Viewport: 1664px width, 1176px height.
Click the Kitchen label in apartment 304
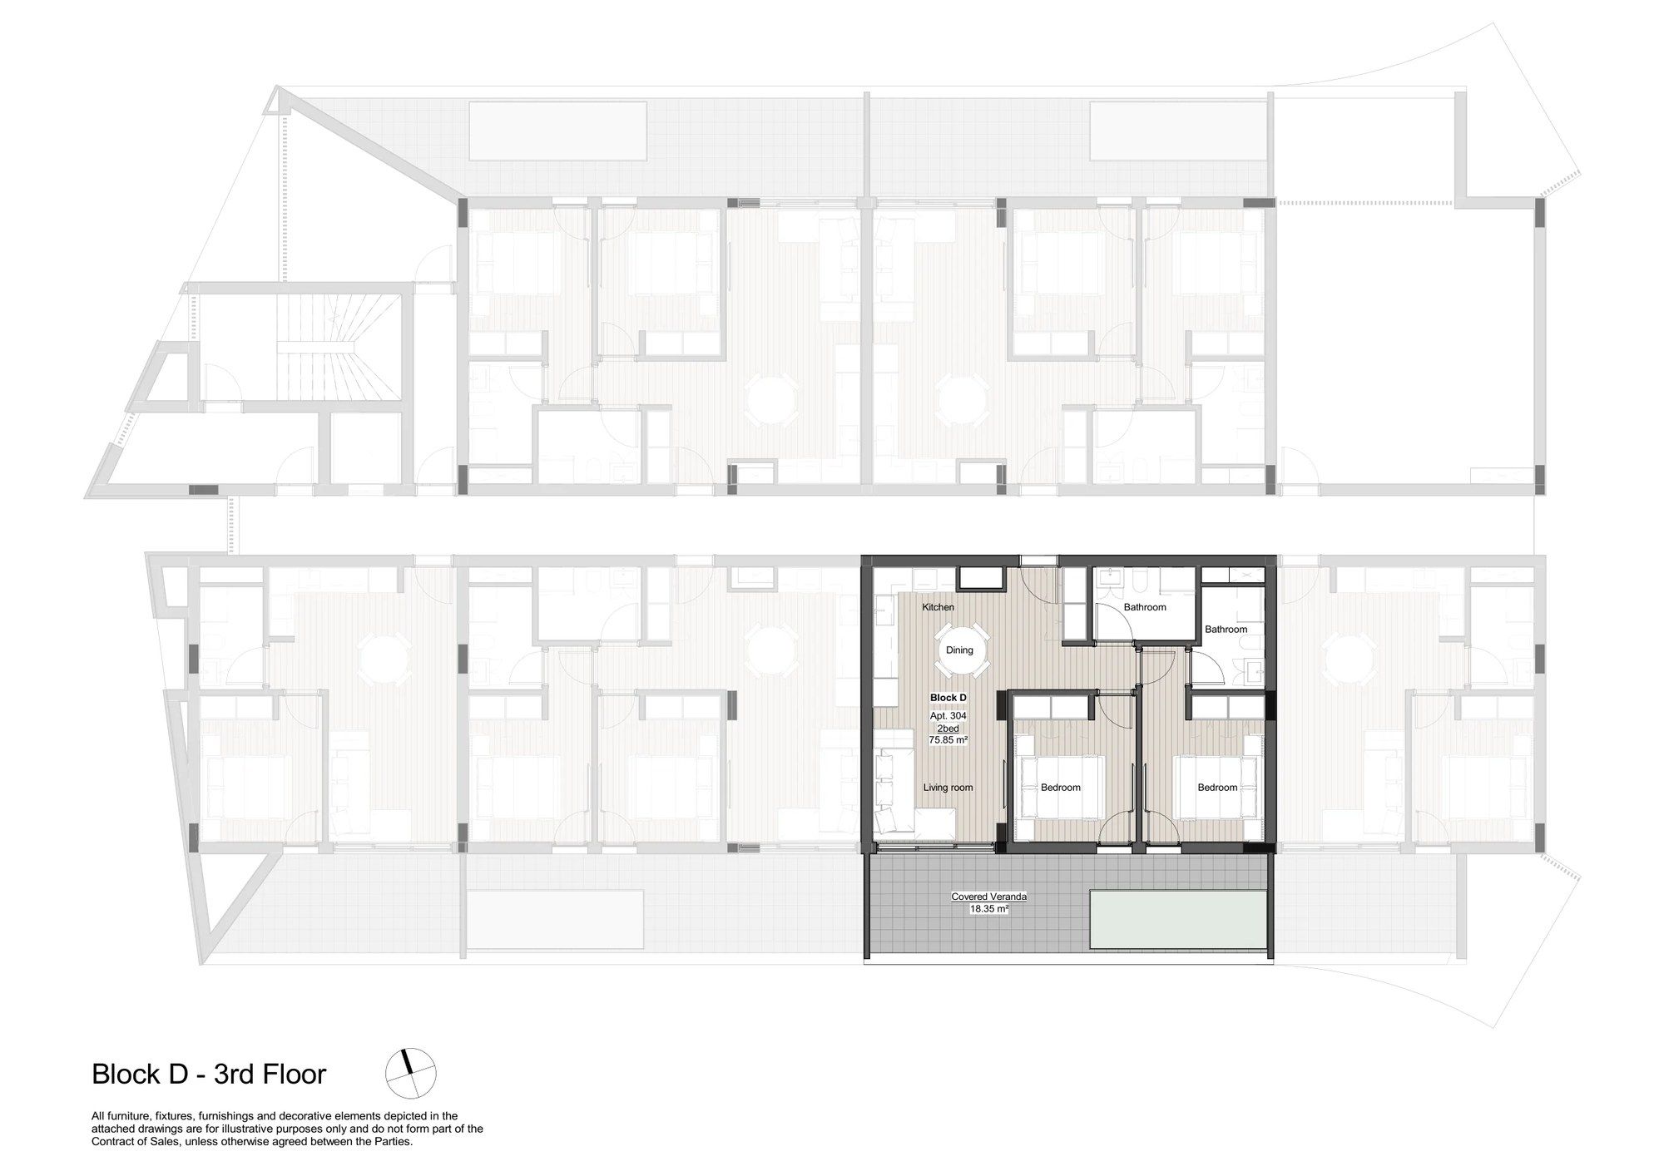(938, 607)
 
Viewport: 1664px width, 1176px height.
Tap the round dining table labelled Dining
(959, 650)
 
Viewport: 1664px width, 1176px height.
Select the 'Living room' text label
(948, 788)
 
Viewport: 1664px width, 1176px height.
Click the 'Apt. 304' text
(948, 715)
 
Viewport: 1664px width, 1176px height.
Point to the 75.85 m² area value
(948, 739)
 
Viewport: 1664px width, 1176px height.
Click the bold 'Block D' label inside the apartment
(948, 698)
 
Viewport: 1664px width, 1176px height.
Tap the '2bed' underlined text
(948, 728)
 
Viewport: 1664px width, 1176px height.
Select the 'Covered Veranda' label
(989, 897)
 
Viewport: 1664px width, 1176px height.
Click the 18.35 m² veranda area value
(989, 909)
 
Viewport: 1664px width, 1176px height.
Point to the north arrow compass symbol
(410, 1073)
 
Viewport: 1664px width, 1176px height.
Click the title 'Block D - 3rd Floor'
(209, 1074)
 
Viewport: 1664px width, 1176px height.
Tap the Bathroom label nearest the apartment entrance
(1145, 607)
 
